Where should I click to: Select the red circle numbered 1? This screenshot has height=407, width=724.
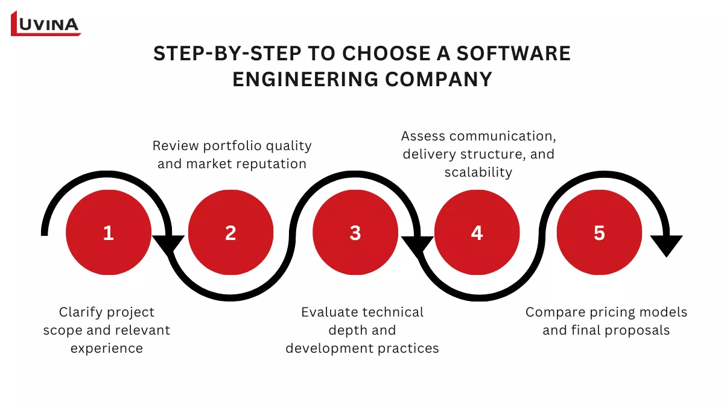pyautogui.click(x=108, y=233)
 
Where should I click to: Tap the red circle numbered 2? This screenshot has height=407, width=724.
pyautogui.click(x=230, y=233)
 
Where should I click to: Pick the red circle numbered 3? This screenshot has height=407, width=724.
pyautogui.click(x=355, y=233)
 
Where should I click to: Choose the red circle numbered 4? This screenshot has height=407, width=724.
pyautogui.click(x=477, y=233)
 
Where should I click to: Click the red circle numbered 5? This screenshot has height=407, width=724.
pyautogui.click(x=599, y=233)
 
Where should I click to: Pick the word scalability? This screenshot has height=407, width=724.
pyautogui.click(x=478, y=172)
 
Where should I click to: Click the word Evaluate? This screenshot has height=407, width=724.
pyautogui.click(x=329, y=312)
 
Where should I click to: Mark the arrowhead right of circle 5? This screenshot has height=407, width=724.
pyautogui.click(x=665, y=245)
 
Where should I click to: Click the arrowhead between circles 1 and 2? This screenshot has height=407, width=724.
pyautogui.click(x=169, y=244)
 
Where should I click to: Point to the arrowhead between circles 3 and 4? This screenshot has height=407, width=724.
pyautogui.click(x=417, y=245)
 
